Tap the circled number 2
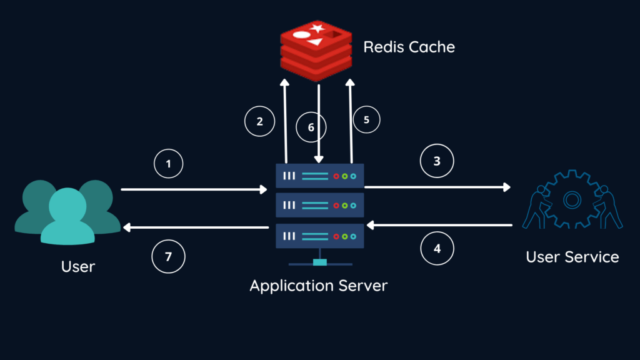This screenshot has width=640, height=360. [260, 122]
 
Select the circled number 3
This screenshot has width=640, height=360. [437, 161]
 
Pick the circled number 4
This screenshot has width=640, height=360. [437, 248]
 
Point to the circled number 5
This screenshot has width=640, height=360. [367, 121]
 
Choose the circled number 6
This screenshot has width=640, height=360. [312, 127]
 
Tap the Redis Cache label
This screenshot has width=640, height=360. [409, 47]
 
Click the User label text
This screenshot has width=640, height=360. [78, 266]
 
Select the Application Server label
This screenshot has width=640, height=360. [319, 286]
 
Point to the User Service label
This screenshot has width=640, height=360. [572, 256]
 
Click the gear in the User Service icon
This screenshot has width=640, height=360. [572, 199]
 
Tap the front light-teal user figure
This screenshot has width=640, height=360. [67, 216]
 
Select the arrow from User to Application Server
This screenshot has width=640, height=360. [194, 188]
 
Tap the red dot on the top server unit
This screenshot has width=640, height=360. [335, 176]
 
